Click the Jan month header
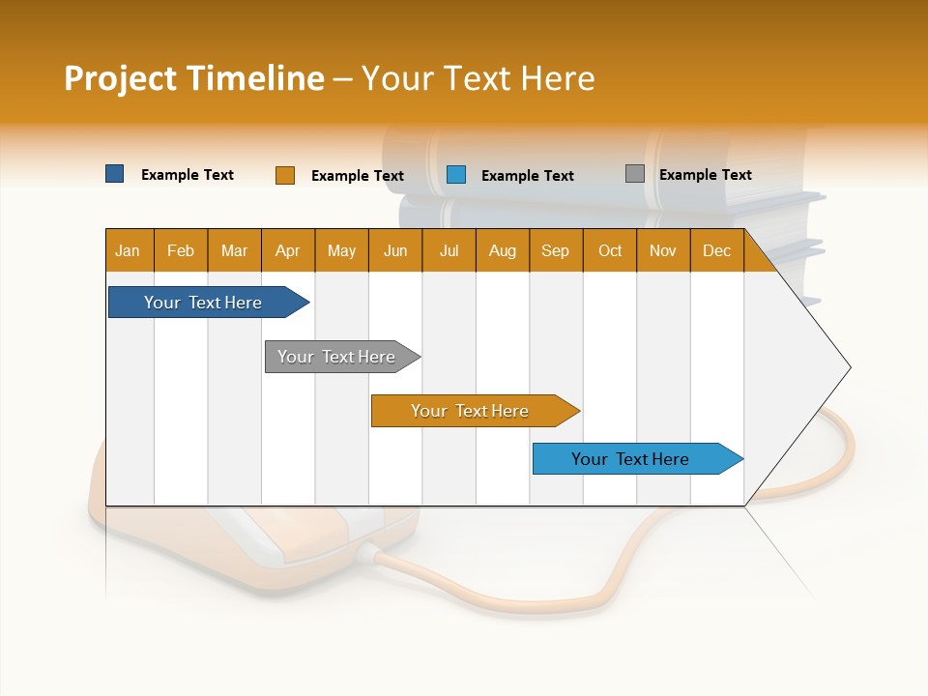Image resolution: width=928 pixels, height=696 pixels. point(128,250)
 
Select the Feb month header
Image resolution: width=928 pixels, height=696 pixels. point(181,250)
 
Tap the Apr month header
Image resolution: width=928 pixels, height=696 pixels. point(287,250)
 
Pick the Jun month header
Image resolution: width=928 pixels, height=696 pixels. point(395,250)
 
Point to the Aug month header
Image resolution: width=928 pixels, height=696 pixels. point(502,250)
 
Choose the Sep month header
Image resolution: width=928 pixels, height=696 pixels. point(555,250)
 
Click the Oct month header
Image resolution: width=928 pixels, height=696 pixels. point(610,250)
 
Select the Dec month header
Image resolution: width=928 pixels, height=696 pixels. point(716,250)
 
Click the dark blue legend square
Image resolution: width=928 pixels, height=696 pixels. point(115,174)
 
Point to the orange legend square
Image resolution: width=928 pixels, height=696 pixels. point(284,175)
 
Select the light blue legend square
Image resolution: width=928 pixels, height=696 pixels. point(456,175)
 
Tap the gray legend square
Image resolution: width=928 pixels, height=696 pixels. point(634,174)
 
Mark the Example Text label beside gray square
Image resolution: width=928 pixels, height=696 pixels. point(705,175)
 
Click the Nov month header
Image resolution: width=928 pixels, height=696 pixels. point(663,250)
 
